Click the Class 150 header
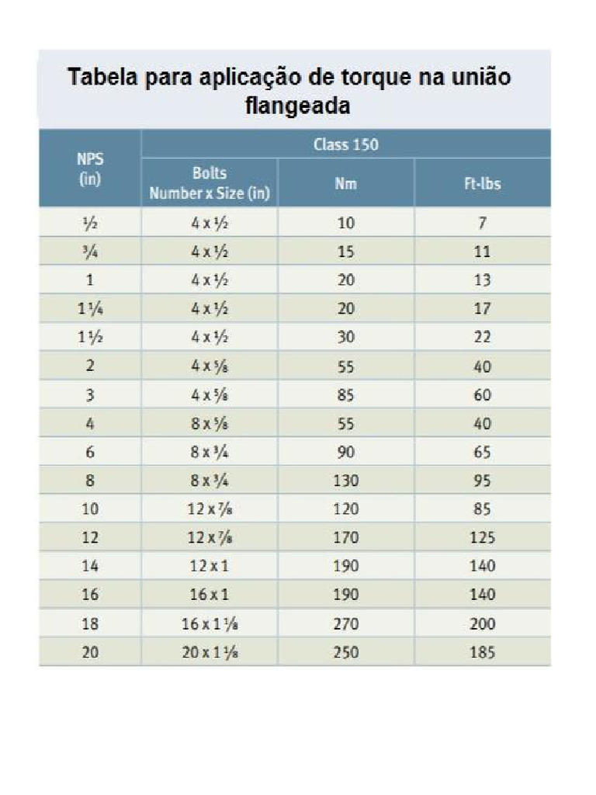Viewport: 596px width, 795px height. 346,144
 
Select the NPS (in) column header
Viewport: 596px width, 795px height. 91,168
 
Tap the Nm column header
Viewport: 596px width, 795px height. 346,184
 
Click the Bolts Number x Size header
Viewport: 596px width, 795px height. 210,184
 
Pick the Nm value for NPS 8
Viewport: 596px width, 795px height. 346,481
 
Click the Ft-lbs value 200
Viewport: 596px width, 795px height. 482,624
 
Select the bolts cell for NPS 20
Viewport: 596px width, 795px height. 210,653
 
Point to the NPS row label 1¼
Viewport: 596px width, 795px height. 91,308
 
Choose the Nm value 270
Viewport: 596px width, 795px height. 346,624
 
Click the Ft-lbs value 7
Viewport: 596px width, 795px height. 482,223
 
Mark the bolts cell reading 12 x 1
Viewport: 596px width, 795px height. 210,567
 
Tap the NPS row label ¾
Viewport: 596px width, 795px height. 91,252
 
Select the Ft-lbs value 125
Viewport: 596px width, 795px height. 482,538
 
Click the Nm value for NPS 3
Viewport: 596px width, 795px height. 346,394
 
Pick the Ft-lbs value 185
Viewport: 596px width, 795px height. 482,653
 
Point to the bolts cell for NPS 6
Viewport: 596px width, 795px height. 210,452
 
